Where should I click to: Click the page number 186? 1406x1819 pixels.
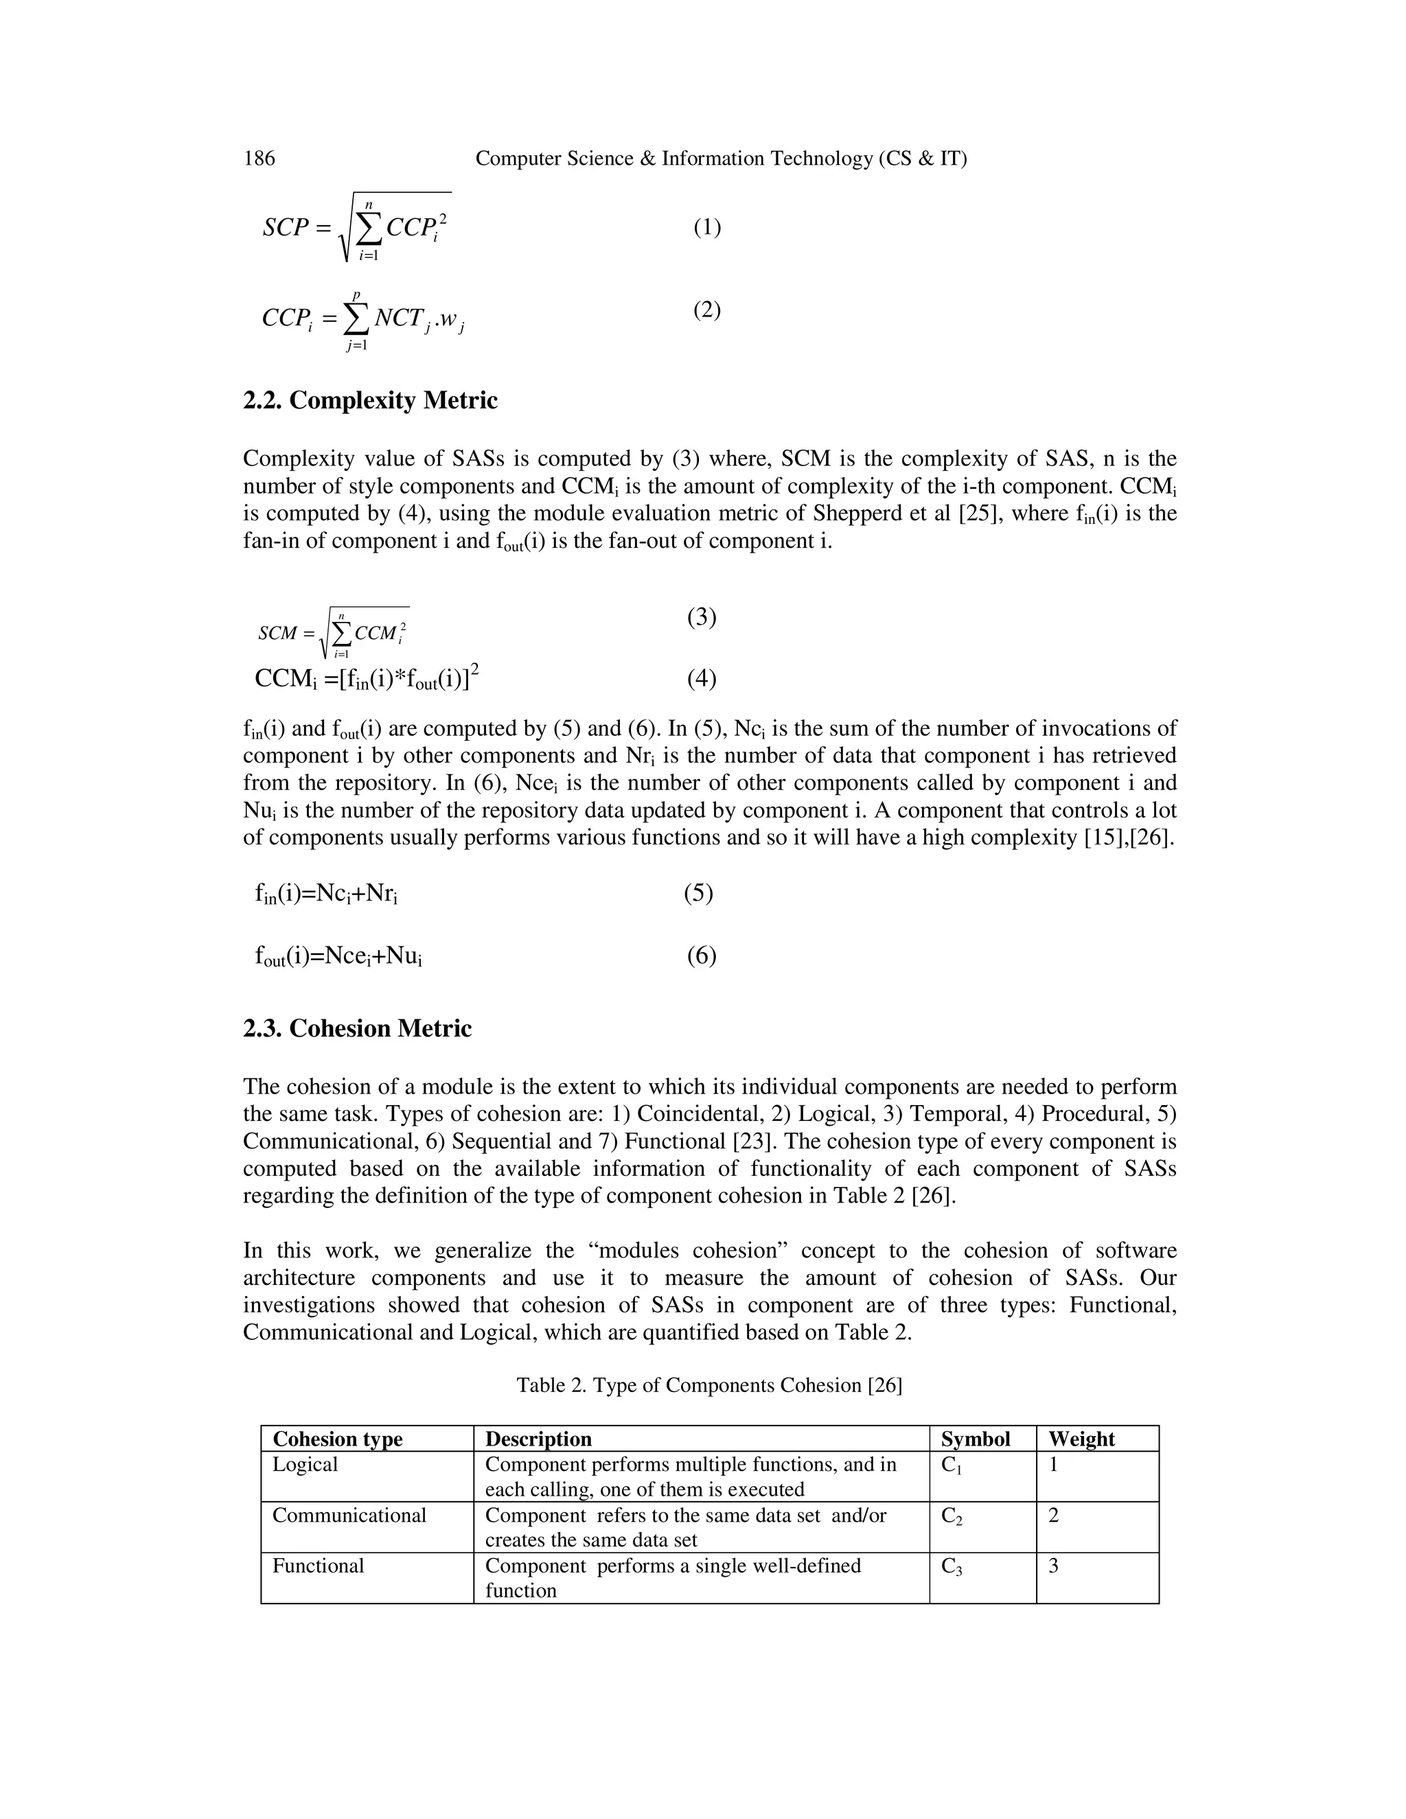click(259, 159)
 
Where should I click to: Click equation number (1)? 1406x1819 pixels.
click(707, 227)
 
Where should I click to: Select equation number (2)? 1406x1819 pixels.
click(707, 310)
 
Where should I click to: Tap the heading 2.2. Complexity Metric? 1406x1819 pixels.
click(370, 401)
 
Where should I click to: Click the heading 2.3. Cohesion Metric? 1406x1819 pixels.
click(357, 1029)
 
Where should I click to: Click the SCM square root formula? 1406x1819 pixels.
click(333, 634)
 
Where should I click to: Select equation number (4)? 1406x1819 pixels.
click(702, 679)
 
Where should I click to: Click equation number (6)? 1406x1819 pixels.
click(702, 955)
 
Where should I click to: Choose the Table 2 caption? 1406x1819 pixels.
click(708, 1385)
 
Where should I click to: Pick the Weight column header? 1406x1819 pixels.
click(1081, 1439)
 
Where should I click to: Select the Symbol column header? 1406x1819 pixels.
click(976, 1439)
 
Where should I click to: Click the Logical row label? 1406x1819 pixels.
click(305, 1465)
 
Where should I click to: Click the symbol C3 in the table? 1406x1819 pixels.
click(952, 1566)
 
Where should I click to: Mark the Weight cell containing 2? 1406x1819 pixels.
click(1054, 1515)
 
